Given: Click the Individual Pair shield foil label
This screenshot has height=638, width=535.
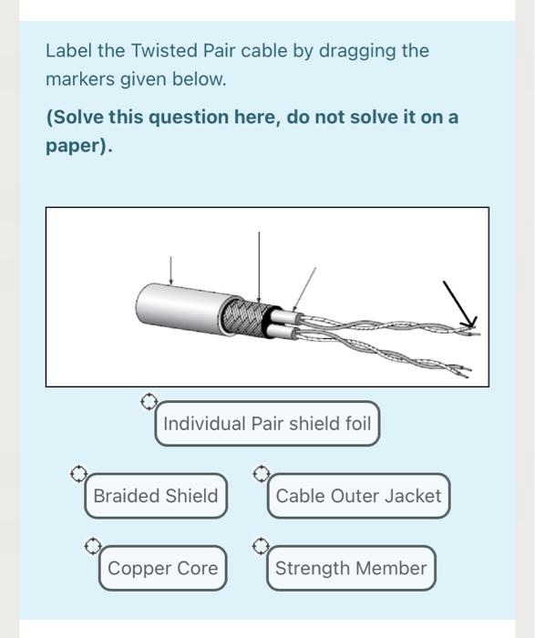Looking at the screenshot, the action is point(267,424).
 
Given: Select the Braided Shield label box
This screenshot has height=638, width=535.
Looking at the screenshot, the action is point(156,496).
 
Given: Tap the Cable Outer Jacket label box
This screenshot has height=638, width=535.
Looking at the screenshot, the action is point(358,496).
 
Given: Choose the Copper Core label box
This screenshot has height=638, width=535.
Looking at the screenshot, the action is point(162,568).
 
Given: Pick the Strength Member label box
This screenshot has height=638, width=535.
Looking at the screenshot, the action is point(351,568).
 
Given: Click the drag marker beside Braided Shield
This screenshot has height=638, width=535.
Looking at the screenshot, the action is point(78,474).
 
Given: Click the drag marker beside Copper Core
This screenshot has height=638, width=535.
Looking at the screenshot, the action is point(93,546).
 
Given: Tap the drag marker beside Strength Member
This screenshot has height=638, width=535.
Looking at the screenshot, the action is point(261,546).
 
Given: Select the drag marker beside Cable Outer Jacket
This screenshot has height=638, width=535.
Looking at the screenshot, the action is point(262,474).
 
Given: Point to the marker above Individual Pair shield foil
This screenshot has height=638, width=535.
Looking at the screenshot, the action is point(149,402).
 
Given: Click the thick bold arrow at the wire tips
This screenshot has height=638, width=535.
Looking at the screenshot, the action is point(459,304).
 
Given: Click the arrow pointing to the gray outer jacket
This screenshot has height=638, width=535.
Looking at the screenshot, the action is point(170,271).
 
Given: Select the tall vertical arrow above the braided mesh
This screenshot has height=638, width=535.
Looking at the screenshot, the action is point(259,267).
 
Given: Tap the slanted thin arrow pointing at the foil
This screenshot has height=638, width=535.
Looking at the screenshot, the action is point(304,289).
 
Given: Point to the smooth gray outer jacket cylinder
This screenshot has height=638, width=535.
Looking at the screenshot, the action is point(183,308).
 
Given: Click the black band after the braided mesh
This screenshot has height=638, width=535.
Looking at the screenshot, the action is point(269,323).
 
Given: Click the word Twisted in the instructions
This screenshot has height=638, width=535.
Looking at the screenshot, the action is point(164,51).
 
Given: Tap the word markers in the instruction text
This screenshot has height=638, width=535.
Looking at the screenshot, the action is point(80,79).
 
